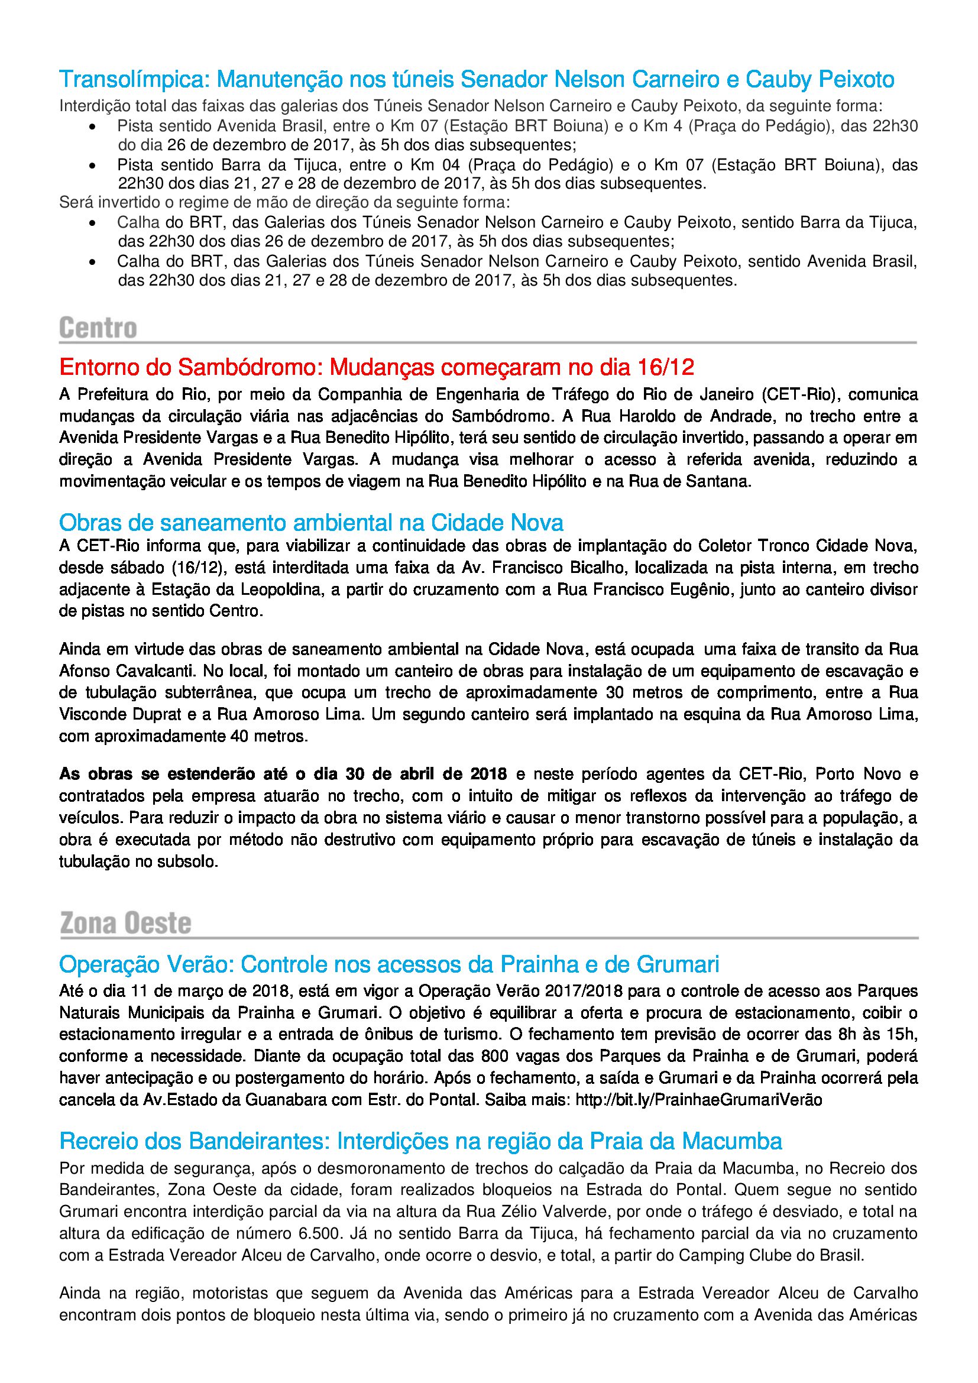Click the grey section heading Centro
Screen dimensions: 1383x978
tap(98, 328)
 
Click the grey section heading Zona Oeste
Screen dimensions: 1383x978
tap(125, 924)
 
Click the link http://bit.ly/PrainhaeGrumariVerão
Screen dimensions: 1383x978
tap(698, 1100)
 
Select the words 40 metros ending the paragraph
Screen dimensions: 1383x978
tap(278, 736)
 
